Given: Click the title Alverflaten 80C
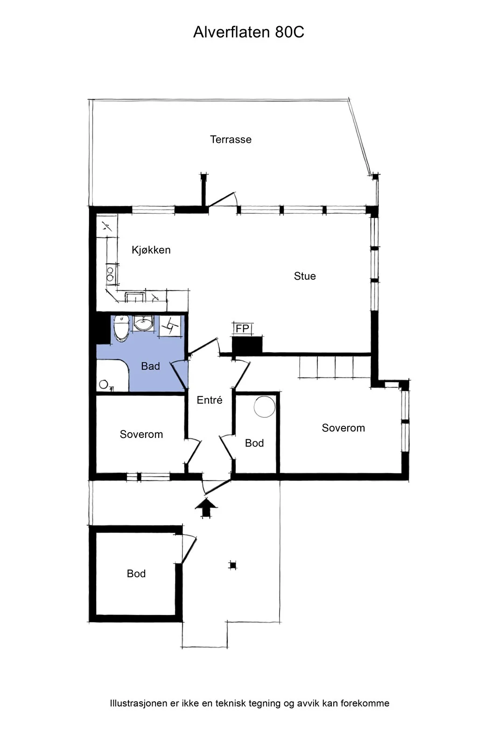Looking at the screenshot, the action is [x=249, y=32].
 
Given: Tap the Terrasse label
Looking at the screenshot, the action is [x=231, y=140].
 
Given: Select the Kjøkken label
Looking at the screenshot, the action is [x=151, y=250].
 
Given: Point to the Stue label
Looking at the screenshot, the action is [x=305, y=276].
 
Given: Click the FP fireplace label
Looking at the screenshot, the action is [x=242, y=329].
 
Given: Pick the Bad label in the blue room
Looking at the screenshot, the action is [x=150, y=366].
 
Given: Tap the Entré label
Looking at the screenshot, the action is [x=210, y=400].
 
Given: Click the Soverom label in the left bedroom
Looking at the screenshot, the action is [x=141, y=434].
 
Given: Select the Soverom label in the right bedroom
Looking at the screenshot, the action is [x=344, y=428].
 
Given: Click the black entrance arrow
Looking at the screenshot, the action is [x=206, y=507].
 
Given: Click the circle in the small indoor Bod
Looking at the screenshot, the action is [x=265, y=407].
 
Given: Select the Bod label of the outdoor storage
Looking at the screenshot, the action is [x=136, y=574].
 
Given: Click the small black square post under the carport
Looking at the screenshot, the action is [x=233, y=565].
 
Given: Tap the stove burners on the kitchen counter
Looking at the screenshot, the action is [x=110, y=274].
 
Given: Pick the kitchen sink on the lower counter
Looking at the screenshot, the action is [x=135, y=297].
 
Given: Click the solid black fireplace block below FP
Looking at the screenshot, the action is [x=247, y=345].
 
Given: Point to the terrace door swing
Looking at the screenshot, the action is [x=223, y=199].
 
